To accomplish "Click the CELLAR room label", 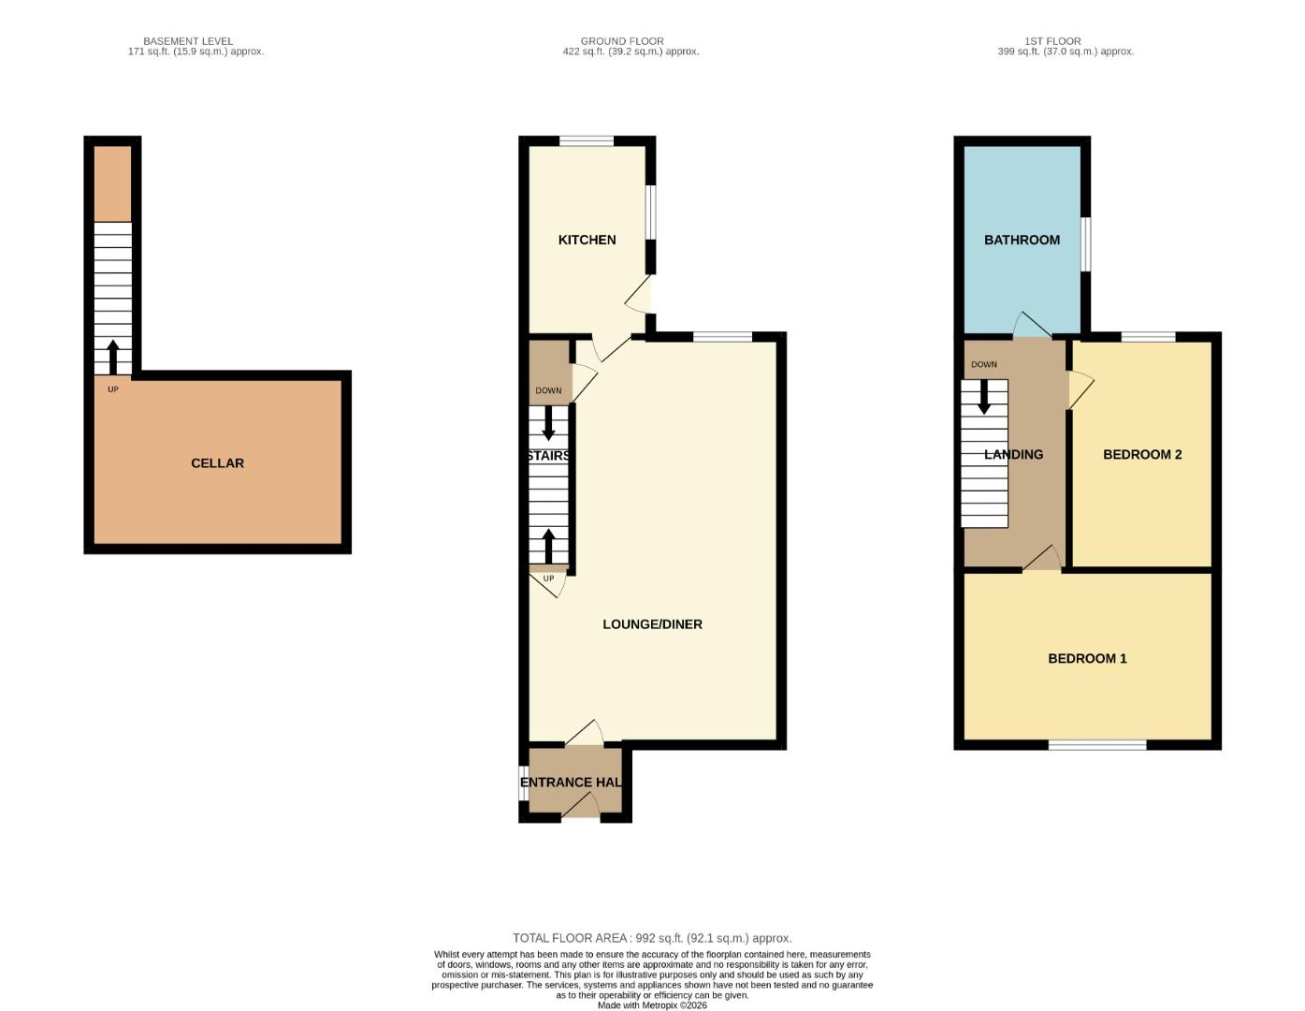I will coord(217,463).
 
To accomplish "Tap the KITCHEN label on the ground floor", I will coord(587,240).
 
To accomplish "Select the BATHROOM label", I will coord(1022,240).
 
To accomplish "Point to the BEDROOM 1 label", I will coord(1087,658).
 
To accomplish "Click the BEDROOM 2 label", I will coord(1142,454).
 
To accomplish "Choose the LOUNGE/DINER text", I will coord(652,624).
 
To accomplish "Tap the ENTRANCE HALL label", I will coord(571,783).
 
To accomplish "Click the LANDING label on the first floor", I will coord(1013,454).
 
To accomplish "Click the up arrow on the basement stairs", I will coord(113,358).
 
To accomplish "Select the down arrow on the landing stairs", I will coord(983,397).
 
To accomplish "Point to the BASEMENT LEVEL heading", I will coord(188,41).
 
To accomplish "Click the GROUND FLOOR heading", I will coord(622,41).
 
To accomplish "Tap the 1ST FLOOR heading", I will coord(1052,41).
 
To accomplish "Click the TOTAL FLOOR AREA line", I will coord(652,938).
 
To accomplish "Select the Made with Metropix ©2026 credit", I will coord(652,1005).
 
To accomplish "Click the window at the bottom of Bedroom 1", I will coord(1097,745).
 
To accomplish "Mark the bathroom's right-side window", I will coord(1085,244).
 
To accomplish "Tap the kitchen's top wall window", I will coord(587,141).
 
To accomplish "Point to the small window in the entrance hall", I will coord(524,784).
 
